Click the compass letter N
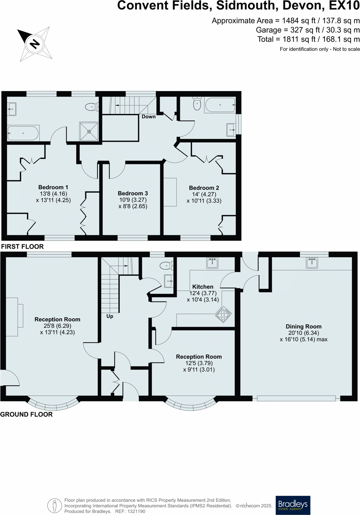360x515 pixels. [x=35, y=44]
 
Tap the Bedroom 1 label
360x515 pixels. [x=53, y=187]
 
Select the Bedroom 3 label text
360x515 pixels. [x=133, y=194]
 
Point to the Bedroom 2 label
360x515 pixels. [x=204, y=188]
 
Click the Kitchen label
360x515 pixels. [x=203, y=287]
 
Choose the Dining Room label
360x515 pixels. [x=304, y=327]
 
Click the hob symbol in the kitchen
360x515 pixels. [x=223, y=314]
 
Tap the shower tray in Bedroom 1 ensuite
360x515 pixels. [x=89, y=131]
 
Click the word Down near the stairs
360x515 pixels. [x=148, y=117]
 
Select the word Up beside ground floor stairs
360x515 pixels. [x=110, y=316]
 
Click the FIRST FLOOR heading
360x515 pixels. [x=22, y=247]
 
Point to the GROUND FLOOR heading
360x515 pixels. [x=26, y=414]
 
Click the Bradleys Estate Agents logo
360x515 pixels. [x=293, y=505]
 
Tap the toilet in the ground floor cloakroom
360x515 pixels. [x=166, y=265]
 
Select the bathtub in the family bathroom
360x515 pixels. [x=220, y=105]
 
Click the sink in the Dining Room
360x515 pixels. [x=312, y=263]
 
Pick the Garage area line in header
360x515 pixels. [x=307, y=30]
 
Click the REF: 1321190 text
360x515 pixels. [x=130, y=511]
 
